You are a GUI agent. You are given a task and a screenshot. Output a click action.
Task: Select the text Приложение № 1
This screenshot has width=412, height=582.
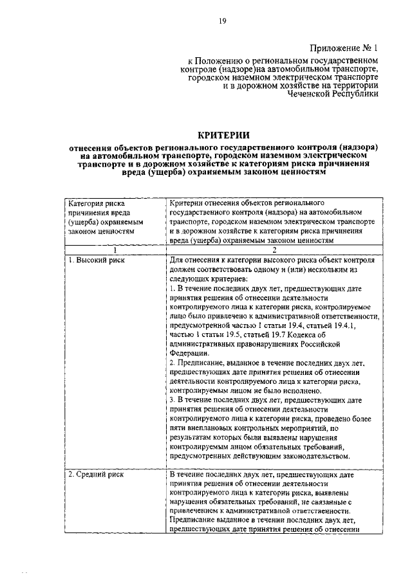coord(345,48)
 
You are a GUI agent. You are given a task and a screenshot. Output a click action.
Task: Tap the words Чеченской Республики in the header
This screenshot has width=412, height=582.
coord(334,93)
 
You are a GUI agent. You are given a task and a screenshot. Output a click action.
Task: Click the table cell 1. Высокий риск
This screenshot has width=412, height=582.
coord(97,260)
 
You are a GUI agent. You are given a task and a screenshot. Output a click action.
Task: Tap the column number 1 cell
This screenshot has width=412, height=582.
coord(115,250)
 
